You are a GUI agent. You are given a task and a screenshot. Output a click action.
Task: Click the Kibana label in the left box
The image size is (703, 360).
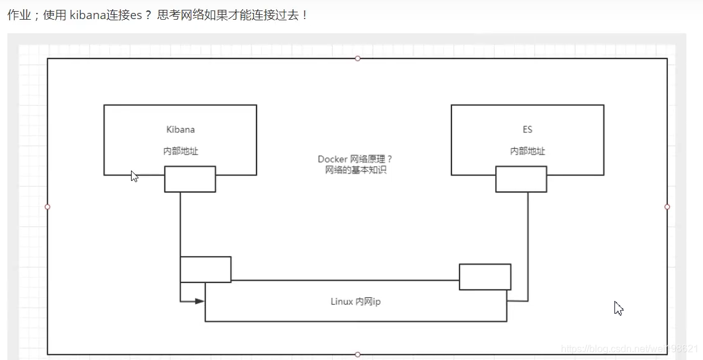pyautogui.click(x=180, y=130)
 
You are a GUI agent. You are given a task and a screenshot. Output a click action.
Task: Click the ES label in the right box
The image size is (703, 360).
pyautogui.click(x=527, y=130)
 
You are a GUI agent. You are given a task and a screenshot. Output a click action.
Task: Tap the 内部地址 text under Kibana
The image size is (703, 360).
pyautogui.click(x=180, y=151)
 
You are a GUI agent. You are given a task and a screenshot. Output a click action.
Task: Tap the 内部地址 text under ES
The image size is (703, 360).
pyautogui.click(x=527, y=151)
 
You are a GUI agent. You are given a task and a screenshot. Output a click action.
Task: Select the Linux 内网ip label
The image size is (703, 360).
pyautogui.click(x=355, y=302)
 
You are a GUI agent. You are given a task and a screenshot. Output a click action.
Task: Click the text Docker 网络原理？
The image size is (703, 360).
pyautogui.click(x=355, y=159)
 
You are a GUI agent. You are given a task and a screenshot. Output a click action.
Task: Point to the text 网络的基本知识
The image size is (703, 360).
pyautogui.click(x=355, y=170)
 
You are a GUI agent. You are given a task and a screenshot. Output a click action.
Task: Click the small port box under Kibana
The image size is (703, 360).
pyautogui.click(x=190, y=179)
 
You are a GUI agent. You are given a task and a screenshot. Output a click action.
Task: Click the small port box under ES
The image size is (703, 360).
pyautogui.click(x=521, y=179)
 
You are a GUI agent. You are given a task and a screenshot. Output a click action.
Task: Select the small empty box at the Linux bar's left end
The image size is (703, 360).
pyautogui.click(x=205, y=270)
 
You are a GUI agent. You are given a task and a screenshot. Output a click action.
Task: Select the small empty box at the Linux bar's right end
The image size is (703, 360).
pyautogui.click(x=485, y=277)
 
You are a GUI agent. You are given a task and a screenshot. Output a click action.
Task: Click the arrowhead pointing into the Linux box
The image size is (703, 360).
pyautogui.click(x=199, y=302)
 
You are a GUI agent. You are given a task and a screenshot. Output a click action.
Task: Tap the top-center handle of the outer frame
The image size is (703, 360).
pyautogui.click(x=357, y=58)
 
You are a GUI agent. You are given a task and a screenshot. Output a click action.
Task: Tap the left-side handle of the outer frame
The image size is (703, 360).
pyautogui.click(x=47, y=207)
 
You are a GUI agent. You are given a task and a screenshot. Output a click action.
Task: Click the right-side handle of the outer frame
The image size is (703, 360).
pyautogui.click(x=667, y=207)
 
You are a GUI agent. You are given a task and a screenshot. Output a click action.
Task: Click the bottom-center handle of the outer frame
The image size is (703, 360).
pyautogui.click(x=357, y=354)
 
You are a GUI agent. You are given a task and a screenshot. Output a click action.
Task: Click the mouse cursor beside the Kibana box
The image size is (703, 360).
pyautogui.click(x=134, y=176)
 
